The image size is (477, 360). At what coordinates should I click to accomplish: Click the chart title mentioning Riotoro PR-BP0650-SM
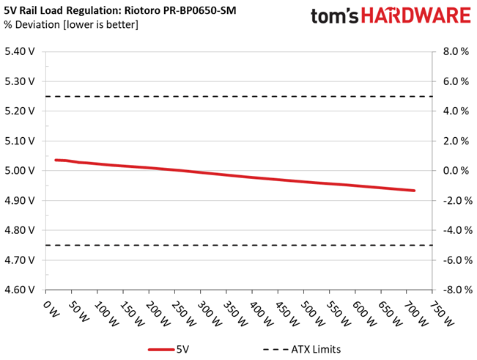(121, 10)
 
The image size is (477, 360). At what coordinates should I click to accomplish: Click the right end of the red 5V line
(415, 191)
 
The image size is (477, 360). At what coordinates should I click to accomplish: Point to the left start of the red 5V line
(56, 160)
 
